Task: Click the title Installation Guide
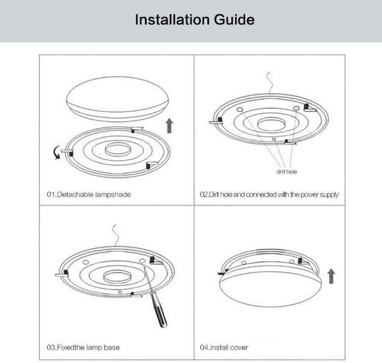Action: (195, 20)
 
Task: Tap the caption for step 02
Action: (269, 194)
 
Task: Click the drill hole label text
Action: (286, 172)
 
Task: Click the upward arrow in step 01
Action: (170, 125)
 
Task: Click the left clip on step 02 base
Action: (216, 122)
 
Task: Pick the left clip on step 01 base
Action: (67, 151)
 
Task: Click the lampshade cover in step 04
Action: (269, 285)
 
